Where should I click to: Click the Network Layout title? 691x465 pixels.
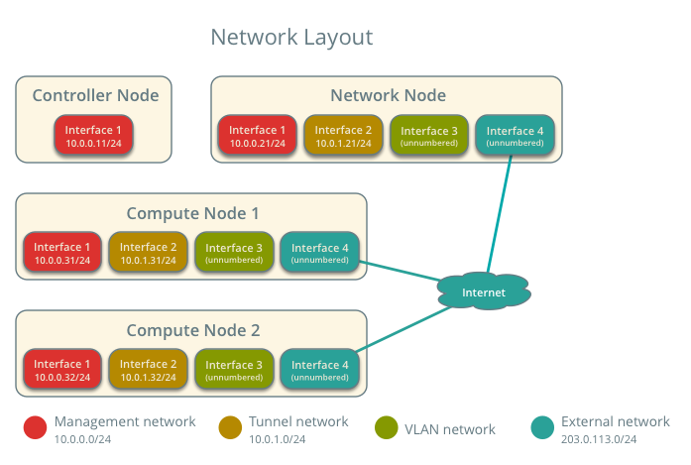[291, 38]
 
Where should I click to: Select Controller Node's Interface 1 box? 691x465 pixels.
[93, 136]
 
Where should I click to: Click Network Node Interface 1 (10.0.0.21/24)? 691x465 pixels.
[257, 136]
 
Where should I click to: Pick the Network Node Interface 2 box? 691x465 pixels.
[343, 136]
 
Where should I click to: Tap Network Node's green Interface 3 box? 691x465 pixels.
[428, 136]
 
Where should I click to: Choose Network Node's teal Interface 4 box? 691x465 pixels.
[515, 136]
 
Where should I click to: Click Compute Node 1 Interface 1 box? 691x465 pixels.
[62, 253]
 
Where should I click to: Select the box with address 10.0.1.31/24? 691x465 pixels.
[148, 253]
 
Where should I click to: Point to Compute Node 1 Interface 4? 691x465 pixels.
[319, 253]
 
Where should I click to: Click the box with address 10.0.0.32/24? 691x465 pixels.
[62, 370]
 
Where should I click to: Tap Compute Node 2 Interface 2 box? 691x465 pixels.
[148, 370]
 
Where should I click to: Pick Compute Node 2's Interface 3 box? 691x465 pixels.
[234, 370]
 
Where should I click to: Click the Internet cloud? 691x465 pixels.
[484, 291]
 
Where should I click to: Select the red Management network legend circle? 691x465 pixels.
[36, 427]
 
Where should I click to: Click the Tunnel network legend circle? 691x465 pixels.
[230, 427]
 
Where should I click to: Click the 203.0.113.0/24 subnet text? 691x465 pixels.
[599, 438]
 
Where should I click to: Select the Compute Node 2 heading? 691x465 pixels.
[193, 330]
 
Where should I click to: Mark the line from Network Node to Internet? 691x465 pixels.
[500, 213]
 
